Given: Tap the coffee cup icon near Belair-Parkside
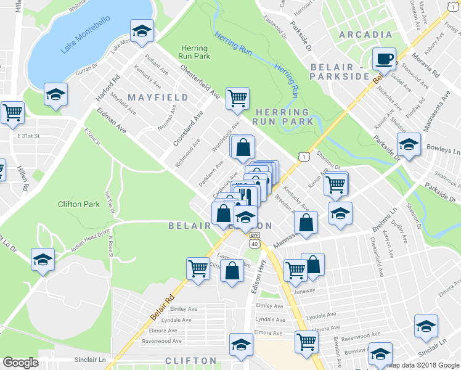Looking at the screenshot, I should [385, 59].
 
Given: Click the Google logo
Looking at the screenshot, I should [20, 363].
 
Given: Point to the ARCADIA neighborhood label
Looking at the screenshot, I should [365, 35].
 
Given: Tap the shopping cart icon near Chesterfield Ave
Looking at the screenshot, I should [237, 98].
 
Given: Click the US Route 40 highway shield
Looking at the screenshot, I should [255, 244].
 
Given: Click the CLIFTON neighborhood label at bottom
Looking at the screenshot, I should [191, 360].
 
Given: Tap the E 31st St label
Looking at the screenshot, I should [28, 136].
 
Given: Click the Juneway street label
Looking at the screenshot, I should [304, 291].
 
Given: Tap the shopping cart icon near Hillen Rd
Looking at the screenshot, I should [12, 112].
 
